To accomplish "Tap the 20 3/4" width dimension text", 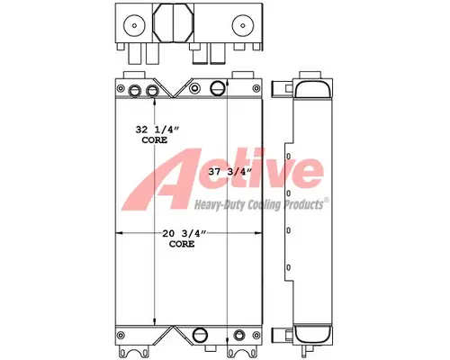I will coord(185,234).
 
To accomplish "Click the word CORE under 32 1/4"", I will coord(155,142).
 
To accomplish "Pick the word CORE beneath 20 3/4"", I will coord(183,244).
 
